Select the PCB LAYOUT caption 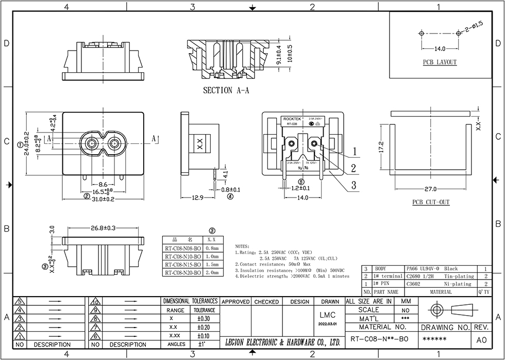tap(440, 62)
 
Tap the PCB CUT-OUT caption tap(430, 202)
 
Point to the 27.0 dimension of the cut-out tap(430, 189)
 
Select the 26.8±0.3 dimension tap(103, 227)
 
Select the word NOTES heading tap(242, 247)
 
